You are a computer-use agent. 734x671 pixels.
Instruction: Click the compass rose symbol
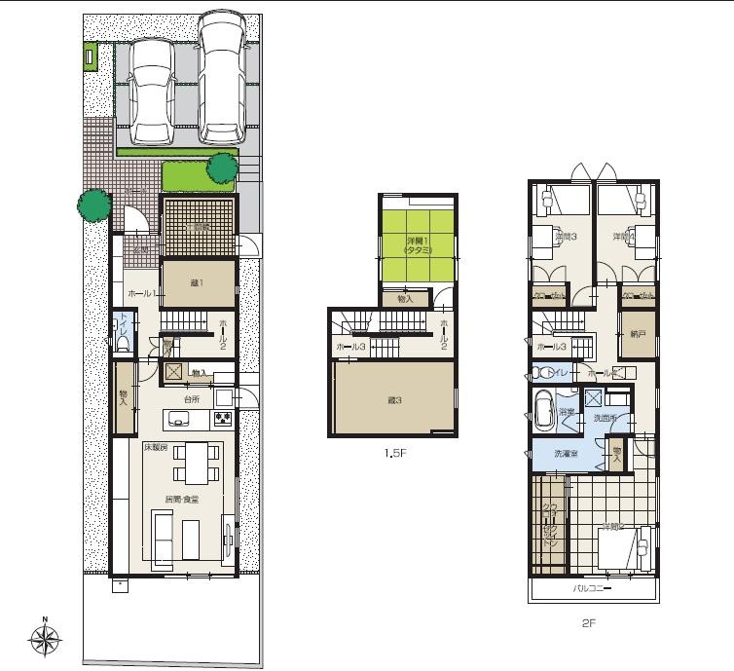pyautogui.click(x=45, y=639)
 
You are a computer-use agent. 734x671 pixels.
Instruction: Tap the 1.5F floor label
pyautogui.click(x=393, y=453)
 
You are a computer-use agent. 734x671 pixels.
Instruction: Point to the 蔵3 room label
pyautogui.click(x=392, y=398)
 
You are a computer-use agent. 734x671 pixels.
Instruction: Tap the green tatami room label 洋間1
pyautogui.click(x=419, y=243)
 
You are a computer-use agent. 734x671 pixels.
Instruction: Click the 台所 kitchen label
pyautogui.click(x=191, y=398)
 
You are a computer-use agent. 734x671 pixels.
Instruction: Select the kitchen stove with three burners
pyautogui.click(x=222, y=420)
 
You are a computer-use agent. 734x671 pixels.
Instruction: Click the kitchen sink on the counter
pyautogui.click(x=180, y=420)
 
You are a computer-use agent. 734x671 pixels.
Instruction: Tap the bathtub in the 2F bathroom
pyautogui.click(x=543, y=409)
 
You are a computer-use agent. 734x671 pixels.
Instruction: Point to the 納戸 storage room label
pyautogui.click(x=639, y=333)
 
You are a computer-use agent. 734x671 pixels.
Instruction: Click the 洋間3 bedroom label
pyautogui.click(x=566, y=237)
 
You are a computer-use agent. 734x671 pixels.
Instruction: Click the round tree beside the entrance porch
pyautogui.click(x=94, y=205)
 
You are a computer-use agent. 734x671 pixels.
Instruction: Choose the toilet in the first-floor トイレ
pyautogui.click(x=123, y=333)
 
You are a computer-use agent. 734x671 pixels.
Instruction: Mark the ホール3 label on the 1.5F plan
pyautogui.click(x=350, y=347)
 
